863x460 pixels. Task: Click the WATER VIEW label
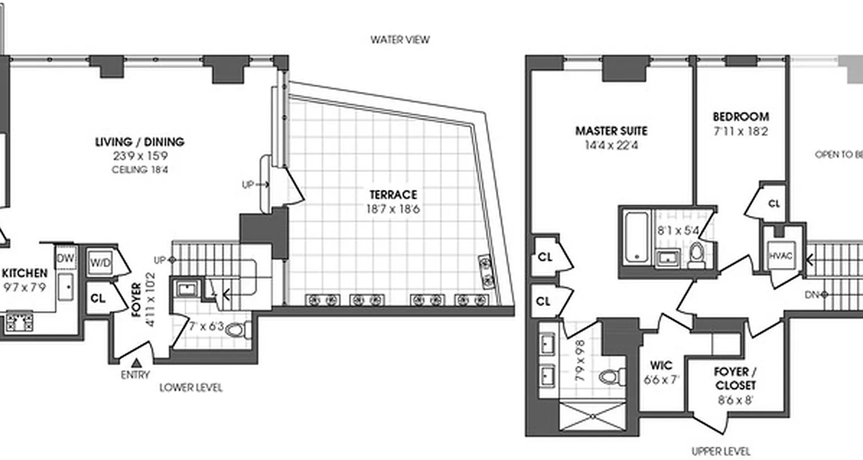[x=400, y=40]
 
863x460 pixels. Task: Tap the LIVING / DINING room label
[x=140, y=141]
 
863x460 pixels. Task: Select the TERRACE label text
[x=394, y=195]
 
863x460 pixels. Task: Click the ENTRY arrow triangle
[x=136, y=363]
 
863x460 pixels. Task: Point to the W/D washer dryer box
[x=100, y=263]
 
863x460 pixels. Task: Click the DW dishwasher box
[x=66, y=259]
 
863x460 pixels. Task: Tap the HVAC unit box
[x=780, y=256]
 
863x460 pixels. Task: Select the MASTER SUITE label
[x=611, y=131]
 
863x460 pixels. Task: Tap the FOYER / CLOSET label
[x=731, y=378]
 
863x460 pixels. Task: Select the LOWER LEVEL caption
[x=190, y=388]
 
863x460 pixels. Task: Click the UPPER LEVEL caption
[x=721, y=451]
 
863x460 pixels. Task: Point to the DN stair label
[x=812, y=294]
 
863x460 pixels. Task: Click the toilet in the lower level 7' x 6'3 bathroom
[x=236, y=330]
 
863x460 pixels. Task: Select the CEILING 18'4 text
[x=140, y=170]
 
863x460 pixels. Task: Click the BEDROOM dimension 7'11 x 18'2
[x=739, y=131]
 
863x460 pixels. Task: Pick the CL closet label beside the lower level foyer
[x=98, y=298]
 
